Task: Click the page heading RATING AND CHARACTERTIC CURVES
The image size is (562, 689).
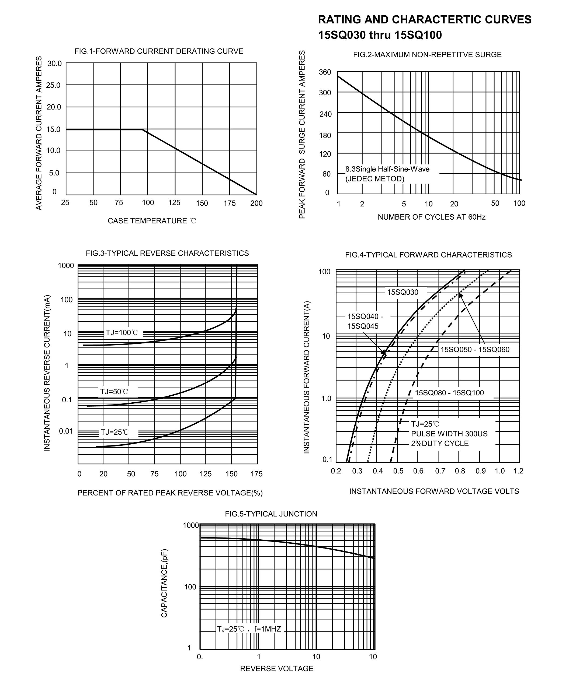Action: coord(424,20)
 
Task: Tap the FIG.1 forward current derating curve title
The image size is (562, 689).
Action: coord(159,51)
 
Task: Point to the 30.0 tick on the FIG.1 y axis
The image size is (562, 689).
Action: coord(54,63)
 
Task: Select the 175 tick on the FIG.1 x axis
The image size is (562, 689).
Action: coord(230,203)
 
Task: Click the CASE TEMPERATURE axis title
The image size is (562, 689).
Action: coord(151,221)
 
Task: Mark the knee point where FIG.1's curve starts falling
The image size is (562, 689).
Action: coord(143,130)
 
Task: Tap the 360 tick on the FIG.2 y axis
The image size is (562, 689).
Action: coord(325,72)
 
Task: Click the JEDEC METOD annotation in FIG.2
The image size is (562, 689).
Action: coord(375,179)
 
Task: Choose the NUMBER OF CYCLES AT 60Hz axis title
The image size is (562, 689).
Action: coord(432,217)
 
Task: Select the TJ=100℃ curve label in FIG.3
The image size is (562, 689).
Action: coord(122,333)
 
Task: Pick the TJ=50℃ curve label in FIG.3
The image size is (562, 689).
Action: coord(114,392)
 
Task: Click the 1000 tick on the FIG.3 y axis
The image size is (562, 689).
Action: coord(66,266)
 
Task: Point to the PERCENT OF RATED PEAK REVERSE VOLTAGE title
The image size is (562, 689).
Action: coord(170,493)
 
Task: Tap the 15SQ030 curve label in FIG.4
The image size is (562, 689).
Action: coord(403,292)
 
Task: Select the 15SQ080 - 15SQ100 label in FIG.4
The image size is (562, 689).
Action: coord(449,393)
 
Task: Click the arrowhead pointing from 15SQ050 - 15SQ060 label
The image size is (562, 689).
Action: coord(460,296)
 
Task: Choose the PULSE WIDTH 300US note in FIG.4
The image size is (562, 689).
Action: coord(449,434)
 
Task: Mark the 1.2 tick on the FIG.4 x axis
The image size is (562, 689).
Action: coord(518,471)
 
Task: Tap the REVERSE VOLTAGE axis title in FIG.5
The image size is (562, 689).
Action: coord(277,669)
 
